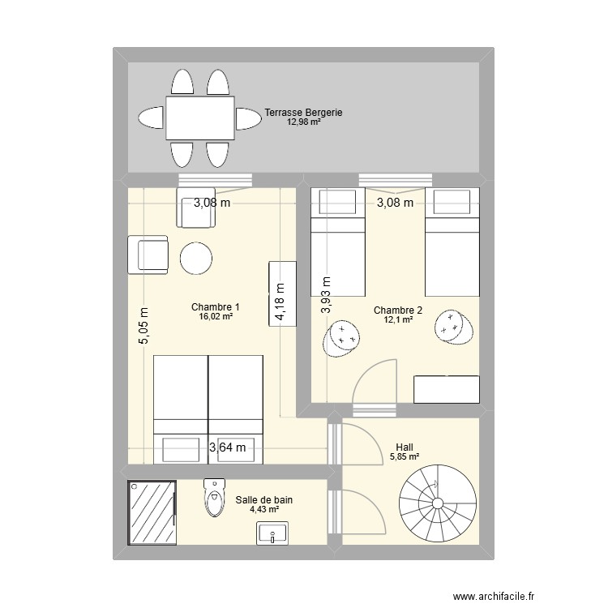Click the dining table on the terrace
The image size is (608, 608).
pos(200,118)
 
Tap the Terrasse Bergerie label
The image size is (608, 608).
pos(304,113)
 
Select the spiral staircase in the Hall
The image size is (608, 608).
pos(435,503)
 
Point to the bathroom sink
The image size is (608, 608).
pos(273,533)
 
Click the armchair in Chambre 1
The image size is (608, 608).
pos(148,254)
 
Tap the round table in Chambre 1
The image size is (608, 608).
pos(195,259)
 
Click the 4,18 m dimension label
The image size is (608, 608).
pos(280,302)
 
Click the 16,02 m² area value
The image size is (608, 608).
pos(216,318)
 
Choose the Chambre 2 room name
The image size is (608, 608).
pos(398,310)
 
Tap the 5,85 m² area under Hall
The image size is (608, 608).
pos(403,457)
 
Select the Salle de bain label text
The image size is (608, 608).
pos(264,500)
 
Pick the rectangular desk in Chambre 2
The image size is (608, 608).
pos(446,389)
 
